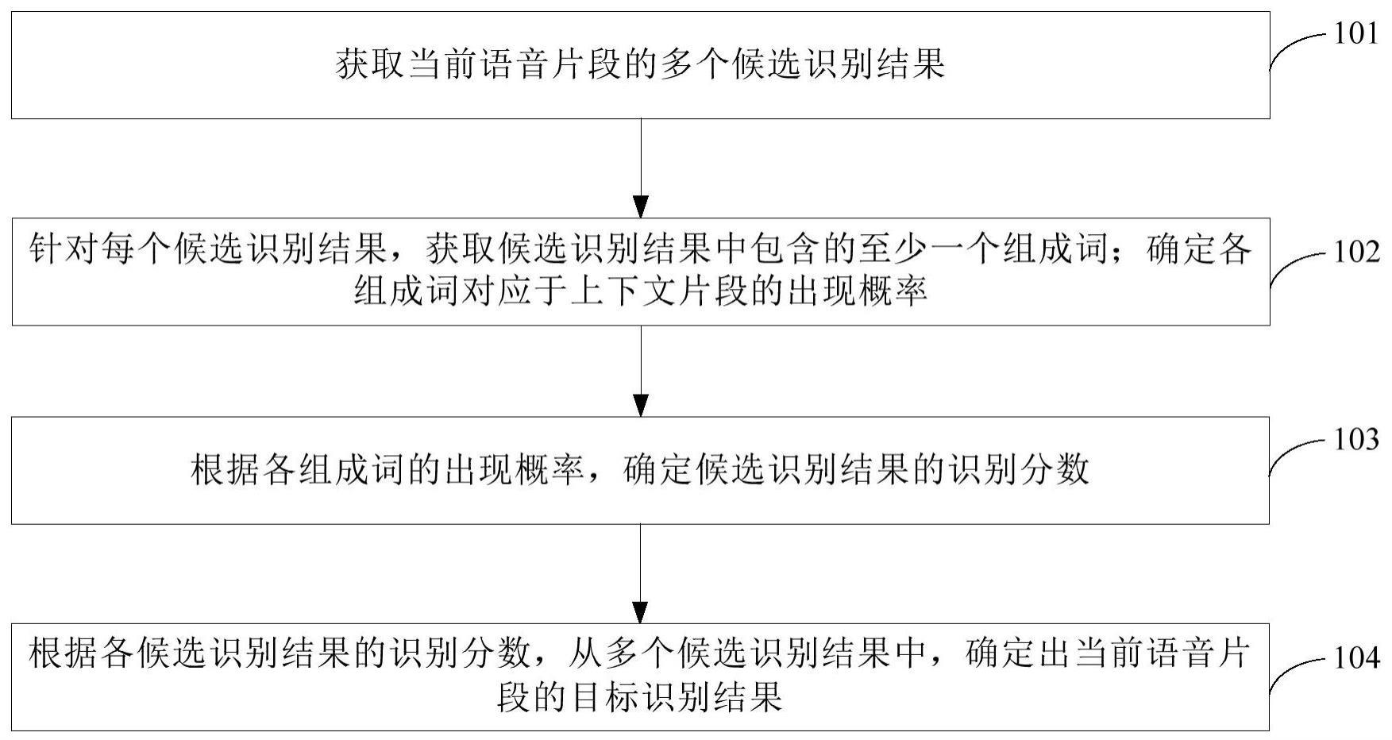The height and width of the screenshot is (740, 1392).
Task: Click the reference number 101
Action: pos(1355,35)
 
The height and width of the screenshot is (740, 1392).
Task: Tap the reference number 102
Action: pos(1355,252)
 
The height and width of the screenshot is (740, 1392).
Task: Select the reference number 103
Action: pos(1355,439)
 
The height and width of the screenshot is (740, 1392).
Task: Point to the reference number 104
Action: pos(1355,658)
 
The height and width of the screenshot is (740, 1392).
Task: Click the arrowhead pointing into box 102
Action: pos(640,206)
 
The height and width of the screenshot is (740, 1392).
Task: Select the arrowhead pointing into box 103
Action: pos(640,405)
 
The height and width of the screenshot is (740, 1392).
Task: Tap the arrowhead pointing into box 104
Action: pos(640,612)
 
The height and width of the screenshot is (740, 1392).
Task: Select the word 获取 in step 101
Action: pos(370,64)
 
